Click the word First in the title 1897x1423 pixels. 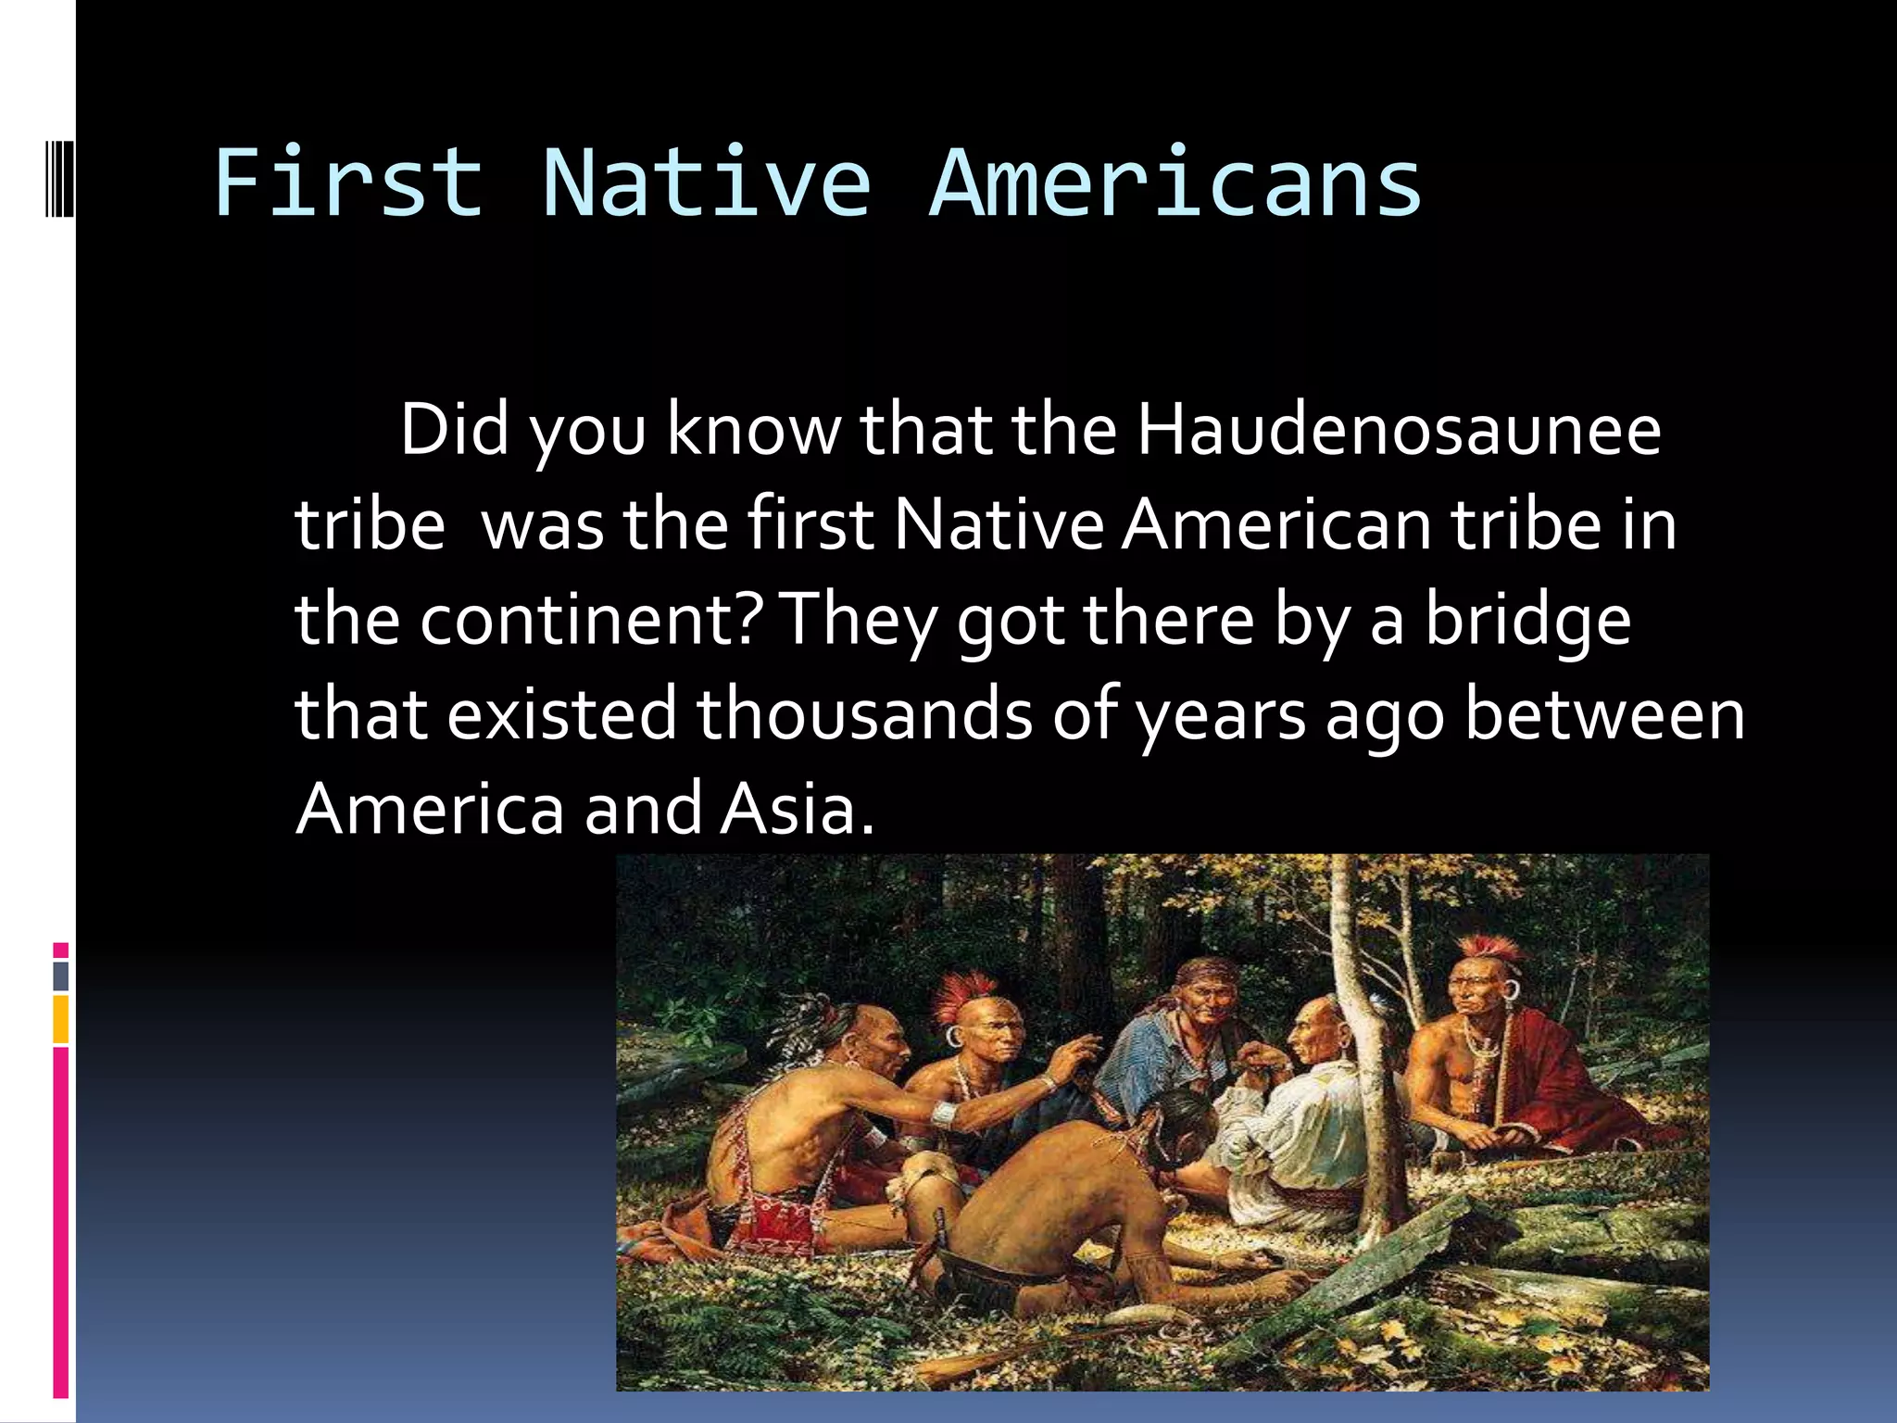[348, 183]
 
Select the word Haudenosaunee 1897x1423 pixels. [1399, 430]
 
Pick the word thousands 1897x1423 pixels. [863, 714]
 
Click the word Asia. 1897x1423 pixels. [797, 809]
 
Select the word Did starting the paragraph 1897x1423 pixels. [454, 430]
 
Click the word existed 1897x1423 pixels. [562, 714]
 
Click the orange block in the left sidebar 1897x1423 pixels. [60, 1019]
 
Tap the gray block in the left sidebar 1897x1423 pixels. [60, 976]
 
